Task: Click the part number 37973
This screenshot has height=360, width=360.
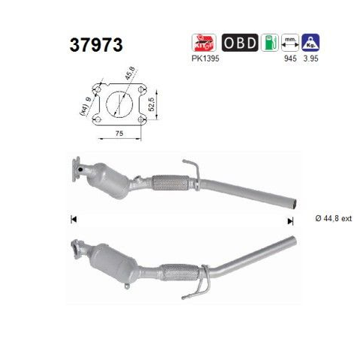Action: (x=96, y=45)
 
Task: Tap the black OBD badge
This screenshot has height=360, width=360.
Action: (x=240, y=43)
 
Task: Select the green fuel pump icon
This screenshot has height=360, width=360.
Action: (x=270, y=43)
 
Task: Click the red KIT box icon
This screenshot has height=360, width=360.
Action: (x=204, y=43)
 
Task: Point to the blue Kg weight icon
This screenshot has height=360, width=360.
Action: (x=310, y=43)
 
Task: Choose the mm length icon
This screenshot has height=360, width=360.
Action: (x=290, y=43)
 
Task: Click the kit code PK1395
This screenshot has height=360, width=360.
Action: (x=205, y=58)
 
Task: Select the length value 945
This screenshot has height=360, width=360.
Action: (x=290, y=58)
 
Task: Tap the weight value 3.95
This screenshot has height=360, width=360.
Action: (x=310, y=58)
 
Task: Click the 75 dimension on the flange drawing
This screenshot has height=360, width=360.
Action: (x=119, y=133)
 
